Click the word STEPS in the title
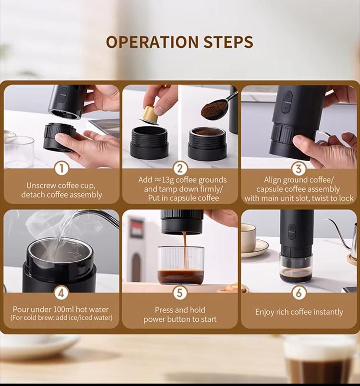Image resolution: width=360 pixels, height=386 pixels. [x=228, y=42]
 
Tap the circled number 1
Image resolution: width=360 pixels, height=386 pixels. [x=61, y=168]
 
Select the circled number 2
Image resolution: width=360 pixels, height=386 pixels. [x=180, y=168]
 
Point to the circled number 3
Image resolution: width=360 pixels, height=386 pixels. [x=299, y=169]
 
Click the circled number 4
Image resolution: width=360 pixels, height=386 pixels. [x=61, y=293]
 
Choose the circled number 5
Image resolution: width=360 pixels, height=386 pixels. [x=180, y=293]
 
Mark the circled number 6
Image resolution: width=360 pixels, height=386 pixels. [x=299, y=293]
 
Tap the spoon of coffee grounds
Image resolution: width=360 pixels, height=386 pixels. [x=217, y=106]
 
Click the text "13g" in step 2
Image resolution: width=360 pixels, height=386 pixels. [x=168, y=180]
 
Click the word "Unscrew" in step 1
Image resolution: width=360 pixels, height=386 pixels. [x=41, y=185]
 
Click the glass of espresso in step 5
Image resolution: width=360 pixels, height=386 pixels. [x=181, y=265]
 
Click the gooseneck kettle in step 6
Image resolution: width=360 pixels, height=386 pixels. [x=345, y=236]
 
